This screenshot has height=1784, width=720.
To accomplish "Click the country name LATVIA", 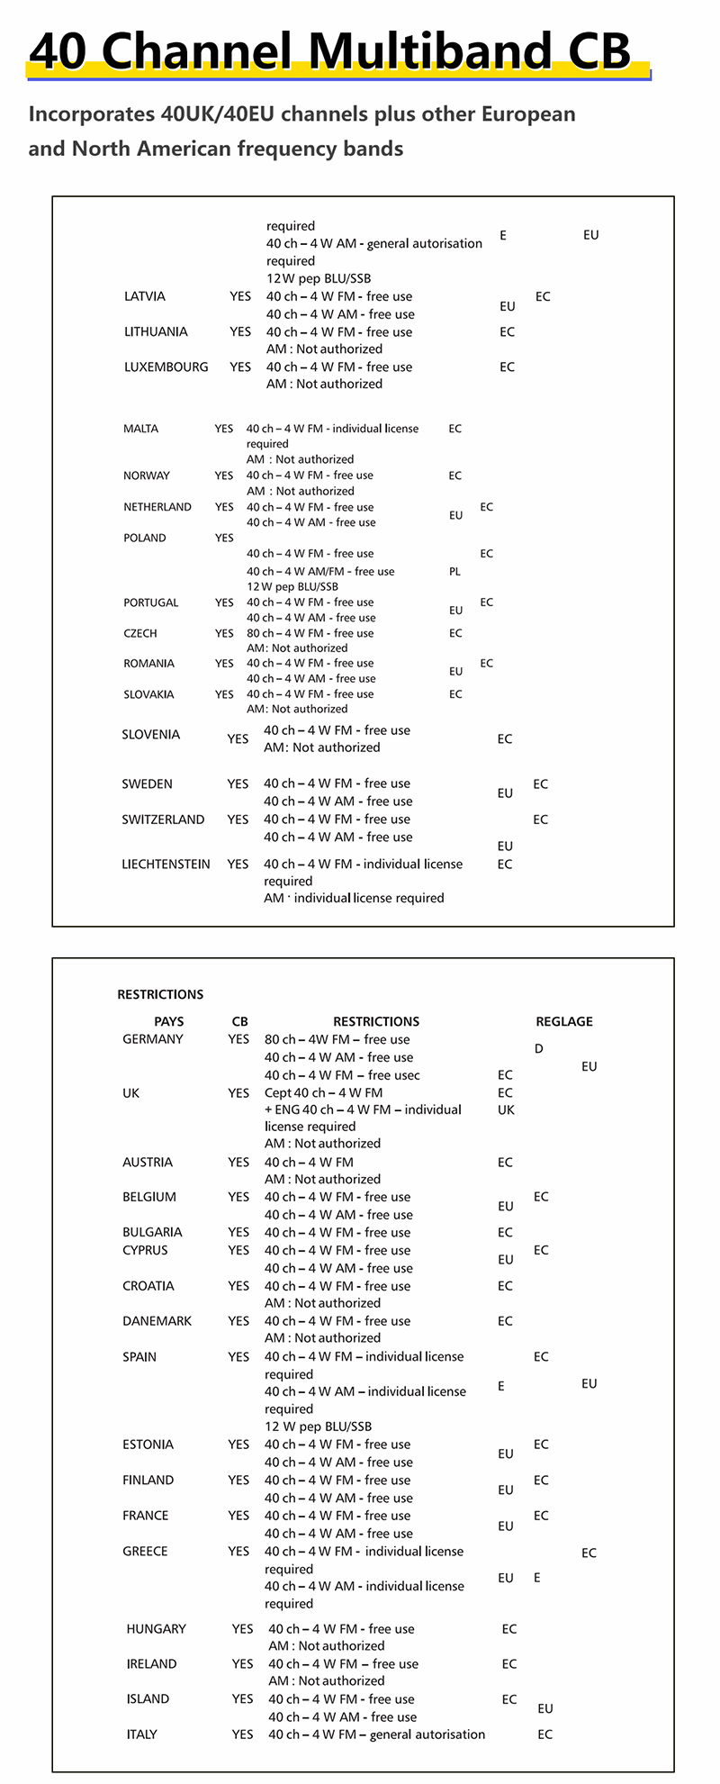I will click(145, 296).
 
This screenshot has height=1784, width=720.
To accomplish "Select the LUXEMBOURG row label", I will click(166, 367).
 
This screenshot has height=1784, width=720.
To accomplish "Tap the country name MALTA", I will click(140, 429).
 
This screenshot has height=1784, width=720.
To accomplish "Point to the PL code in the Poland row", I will click(454, 571).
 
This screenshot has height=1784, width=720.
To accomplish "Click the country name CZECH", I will click(140, 633).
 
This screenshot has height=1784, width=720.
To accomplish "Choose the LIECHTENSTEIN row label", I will click(166, 864).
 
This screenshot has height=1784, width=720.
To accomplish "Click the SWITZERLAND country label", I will click(163, 820).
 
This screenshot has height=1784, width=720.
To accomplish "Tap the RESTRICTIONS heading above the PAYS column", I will click(160, 994).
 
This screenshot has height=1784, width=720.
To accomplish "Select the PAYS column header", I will click(169, 1021).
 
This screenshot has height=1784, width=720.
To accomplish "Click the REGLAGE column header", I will click(564, 1021).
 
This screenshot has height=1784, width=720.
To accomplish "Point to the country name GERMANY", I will click(153, 1038).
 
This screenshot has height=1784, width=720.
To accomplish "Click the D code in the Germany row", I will click(539, 1048).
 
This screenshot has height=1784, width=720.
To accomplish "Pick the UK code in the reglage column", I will click(506, 1109).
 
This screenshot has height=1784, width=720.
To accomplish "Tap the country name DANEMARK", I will click(155, 1320).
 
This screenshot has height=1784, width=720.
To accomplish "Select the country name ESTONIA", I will click(148, 1444).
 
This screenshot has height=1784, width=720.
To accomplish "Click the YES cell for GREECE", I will click(238, 1551).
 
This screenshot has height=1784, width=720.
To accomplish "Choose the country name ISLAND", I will click(148, 1698).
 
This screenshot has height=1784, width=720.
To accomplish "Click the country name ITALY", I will click(142, 1734).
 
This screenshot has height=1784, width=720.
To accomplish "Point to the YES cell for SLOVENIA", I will click(238, 738).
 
